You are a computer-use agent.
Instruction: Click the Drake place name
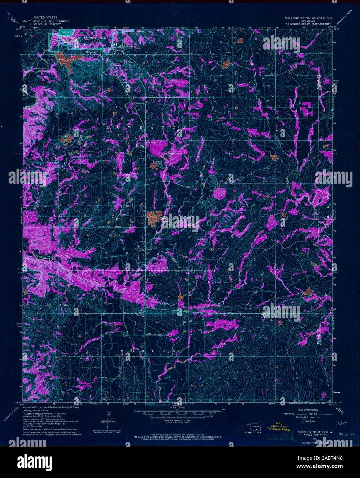click(148, 334)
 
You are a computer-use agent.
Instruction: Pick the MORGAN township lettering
click(148, 351)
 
